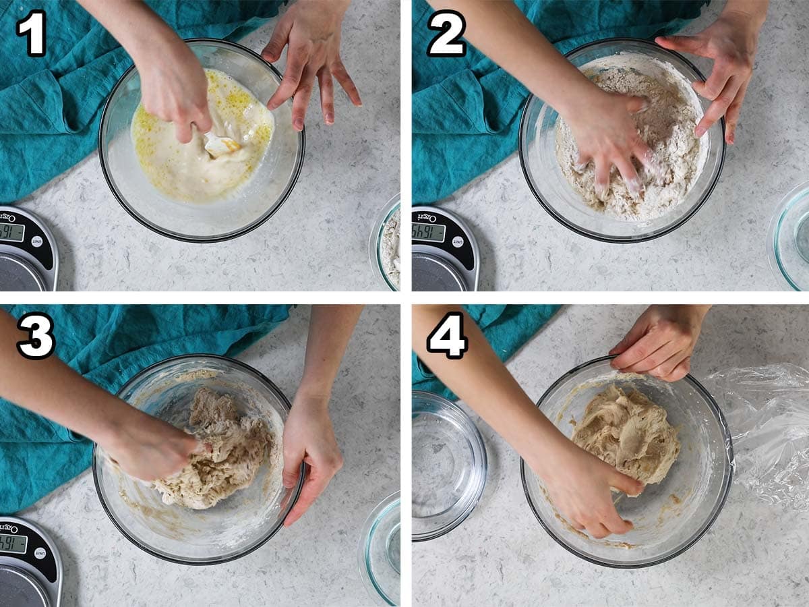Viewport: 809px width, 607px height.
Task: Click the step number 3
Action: tap(35, 335)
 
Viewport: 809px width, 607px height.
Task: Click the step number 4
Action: tap(447, 335)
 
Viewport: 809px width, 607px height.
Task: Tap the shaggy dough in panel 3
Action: tap(216, 452)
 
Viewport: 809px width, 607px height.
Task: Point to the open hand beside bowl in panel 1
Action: tap(313, 64)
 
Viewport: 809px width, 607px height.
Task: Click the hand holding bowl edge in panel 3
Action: tap(310, 452)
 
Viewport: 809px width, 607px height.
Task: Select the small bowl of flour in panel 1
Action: tap(389, 243)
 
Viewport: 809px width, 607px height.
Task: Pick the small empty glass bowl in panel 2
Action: tap(792, 236)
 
